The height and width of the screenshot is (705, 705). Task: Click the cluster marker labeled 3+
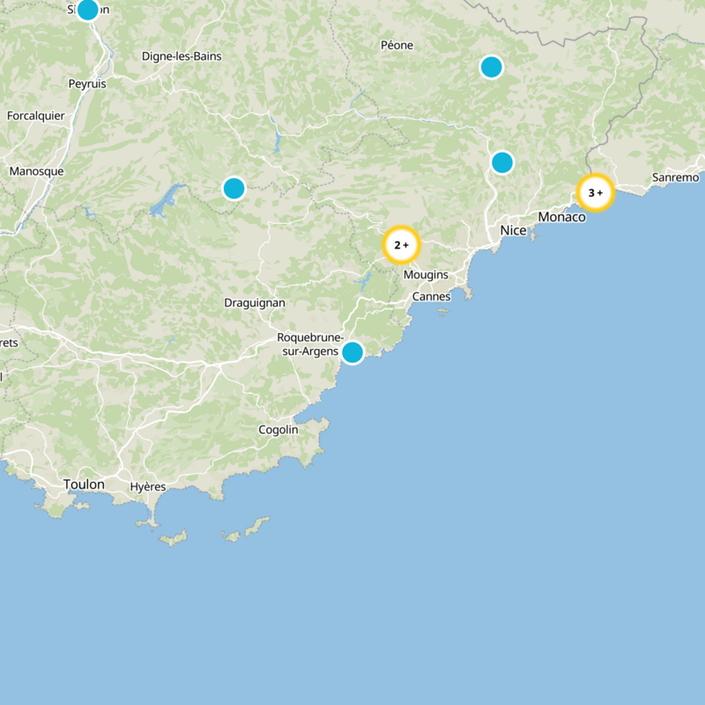click(595, 192)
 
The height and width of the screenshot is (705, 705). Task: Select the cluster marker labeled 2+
click(401, 245)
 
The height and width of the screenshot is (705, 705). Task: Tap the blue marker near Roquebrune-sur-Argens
click(352, 352)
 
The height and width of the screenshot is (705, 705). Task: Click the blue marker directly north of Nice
click(501, 162)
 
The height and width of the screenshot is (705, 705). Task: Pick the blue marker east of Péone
click(491, 67)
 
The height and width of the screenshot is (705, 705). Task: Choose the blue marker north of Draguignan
click(234, 188)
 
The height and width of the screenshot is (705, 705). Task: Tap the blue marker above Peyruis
click(87, 10)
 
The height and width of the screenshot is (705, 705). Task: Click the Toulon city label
click(84, 485)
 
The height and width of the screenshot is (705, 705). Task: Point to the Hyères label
click(147, 486)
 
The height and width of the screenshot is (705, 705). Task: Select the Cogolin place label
click(278, 430)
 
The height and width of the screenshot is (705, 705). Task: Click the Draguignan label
click(255, 302)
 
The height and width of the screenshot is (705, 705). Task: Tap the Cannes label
click(431, 296)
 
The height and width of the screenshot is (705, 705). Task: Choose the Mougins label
click(426, 275)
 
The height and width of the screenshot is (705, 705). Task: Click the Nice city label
click(513, 231)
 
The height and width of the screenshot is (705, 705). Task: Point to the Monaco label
click(561, 217)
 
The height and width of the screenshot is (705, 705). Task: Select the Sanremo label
click(676, 178)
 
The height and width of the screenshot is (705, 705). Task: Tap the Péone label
click(397, 45)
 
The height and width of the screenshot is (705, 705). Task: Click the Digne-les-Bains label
click(182, 56)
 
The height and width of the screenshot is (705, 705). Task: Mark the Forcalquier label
click(36, 115)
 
